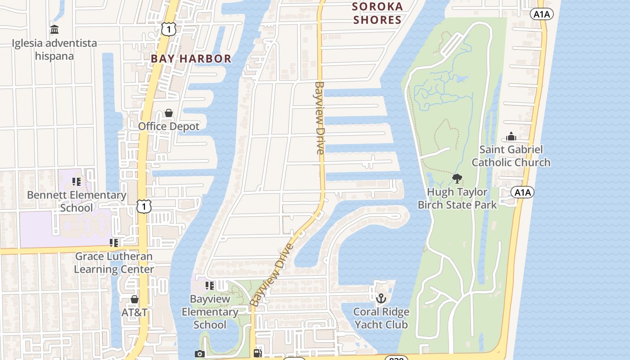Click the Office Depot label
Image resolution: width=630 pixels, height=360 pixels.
169,126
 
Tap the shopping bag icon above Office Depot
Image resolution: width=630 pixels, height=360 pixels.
169,113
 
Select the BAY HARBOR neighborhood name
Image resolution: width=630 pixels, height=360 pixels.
191,58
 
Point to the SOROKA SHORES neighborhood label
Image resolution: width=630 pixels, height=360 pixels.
377,13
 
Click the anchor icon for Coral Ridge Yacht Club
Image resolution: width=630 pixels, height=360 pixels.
381,298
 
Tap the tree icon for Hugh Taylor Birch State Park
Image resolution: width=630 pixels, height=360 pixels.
457,179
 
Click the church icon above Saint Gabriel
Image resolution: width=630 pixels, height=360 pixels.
511,136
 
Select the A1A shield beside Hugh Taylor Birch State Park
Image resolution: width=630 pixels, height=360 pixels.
522,193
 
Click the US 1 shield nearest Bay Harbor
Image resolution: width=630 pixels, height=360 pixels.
168,30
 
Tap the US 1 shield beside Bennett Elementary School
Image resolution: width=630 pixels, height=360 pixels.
144,207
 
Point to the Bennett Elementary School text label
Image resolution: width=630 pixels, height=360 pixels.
76,201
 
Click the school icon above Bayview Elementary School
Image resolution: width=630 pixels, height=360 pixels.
210,285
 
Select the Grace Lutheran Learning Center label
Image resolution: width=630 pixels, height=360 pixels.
114,263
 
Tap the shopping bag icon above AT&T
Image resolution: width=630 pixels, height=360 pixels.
134,299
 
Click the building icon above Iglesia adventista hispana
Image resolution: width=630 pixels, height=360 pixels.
54,30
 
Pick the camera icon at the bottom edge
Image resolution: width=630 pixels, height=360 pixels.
200,354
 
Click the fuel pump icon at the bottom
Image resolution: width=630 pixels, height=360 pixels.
258,353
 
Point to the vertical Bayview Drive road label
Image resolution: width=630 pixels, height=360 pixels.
319,118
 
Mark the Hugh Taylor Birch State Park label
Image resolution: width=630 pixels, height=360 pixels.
457,198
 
